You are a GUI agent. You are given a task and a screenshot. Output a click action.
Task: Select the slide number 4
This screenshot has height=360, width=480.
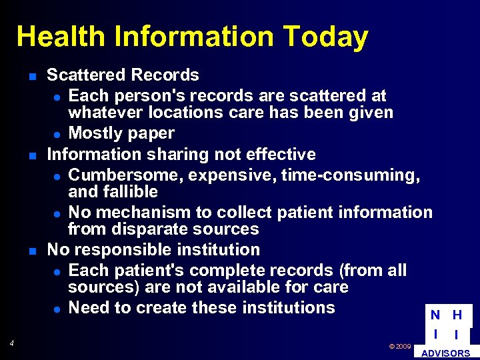(x=12, y=343)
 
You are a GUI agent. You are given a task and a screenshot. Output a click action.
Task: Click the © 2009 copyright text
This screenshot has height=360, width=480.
(x=399, y=347)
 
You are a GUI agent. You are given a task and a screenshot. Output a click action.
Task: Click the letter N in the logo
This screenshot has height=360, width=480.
(x=435, y=315)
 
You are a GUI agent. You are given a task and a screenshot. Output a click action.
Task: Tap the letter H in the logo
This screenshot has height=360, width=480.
(x=457, y=315)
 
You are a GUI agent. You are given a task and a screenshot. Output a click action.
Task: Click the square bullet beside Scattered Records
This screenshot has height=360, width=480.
(x=32, y=76)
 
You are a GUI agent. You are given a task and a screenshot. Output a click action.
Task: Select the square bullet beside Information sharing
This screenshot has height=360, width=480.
(x=32, y=155)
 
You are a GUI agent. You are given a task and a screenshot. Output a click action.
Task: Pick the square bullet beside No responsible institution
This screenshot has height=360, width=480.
(x=32, y=251)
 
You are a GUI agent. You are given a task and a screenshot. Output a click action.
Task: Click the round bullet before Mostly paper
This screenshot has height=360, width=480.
(x=58, y=135)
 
